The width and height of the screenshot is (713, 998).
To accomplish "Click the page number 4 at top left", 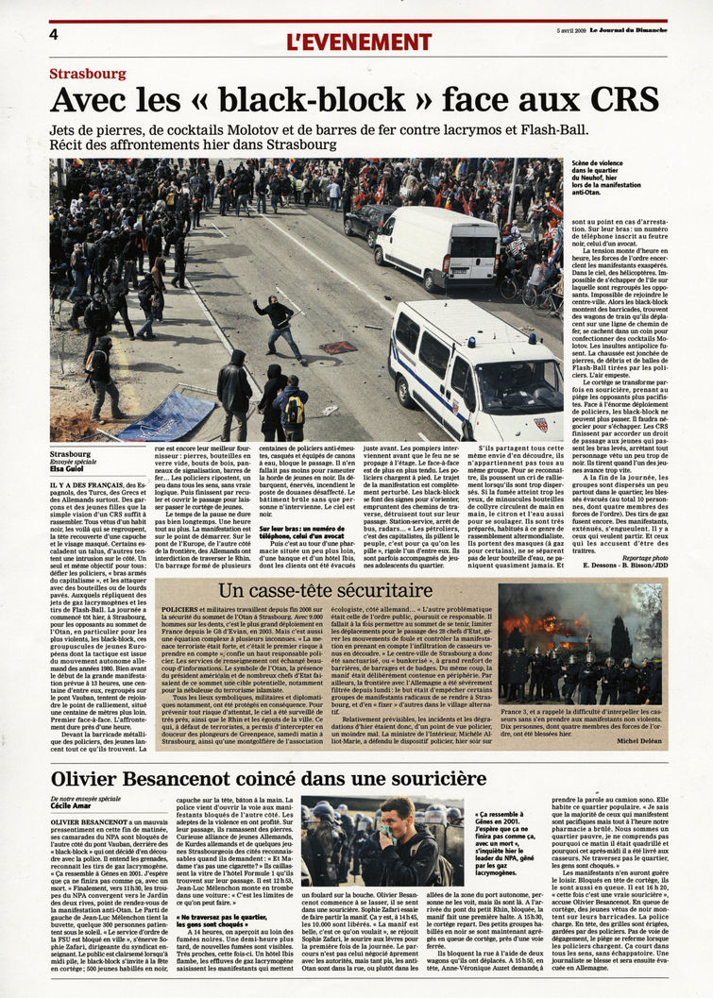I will pyautogui.click(x=54, y=35).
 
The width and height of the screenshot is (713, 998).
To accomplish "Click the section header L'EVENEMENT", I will pyautogui.click(x=358, y=42).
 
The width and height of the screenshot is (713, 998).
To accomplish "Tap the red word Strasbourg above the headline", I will pyautogui.click(x=88, y=74).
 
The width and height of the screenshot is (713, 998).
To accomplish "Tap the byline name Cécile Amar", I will pyautogui.click(x=73, y=808).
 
